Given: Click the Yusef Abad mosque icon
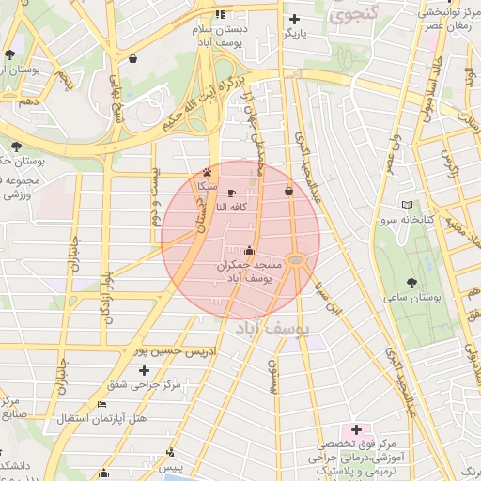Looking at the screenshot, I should tap(248, 250).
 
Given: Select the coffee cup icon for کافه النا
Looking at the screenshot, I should tap(232, 193).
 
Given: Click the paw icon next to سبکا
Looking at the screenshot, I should tap(207, 173).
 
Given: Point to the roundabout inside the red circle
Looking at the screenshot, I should tap(297, 259).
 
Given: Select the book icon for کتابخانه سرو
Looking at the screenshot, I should tap(406, 205).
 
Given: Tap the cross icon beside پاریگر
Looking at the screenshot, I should tap(295, 18).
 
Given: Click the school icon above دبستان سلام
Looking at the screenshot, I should tap(221, 14).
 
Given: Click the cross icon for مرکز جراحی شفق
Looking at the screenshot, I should tap(144, 371).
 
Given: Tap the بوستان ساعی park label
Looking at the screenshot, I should tap(411, 297).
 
